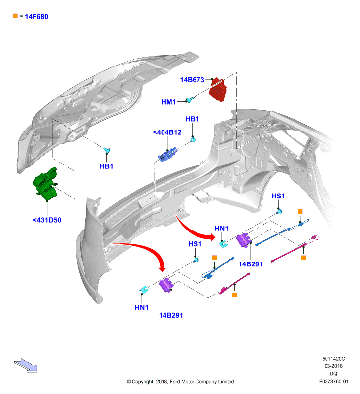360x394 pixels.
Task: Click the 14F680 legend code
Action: (36, 17)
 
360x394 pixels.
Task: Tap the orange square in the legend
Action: (15, 16)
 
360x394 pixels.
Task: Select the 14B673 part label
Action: (192, 80)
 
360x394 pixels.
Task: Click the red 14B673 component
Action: (218, 90)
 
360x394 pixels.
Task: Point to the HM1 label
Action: (168, 102)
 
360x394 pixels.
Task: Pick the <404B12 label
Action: (167, 132)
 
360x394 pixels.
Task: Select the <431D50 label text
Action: (47, 220)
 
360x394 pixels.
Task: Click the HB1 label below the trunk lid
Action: (106, 166)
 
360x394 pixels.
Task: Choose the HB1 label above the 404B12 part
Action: (192, 119)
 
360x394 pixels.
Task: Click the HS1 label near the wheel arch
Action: (278, 196)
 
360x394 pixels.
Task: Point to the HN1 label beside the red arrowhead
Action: (221, 229)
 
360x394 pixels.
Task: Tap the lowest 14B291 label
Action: (171, 315)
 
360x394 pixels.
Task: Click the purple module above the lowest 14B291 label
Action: (166, 286)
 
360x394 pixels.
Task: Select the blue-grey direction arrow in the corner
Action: (26, 365)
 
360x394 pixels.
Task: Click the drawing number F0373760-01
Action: (333, 381)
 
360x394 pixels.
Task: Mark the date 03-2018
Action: (333, 366)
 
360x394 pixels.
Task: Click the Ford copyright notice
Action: (180, 381)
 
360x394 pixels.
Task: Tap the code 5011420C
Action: (333, 359)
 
